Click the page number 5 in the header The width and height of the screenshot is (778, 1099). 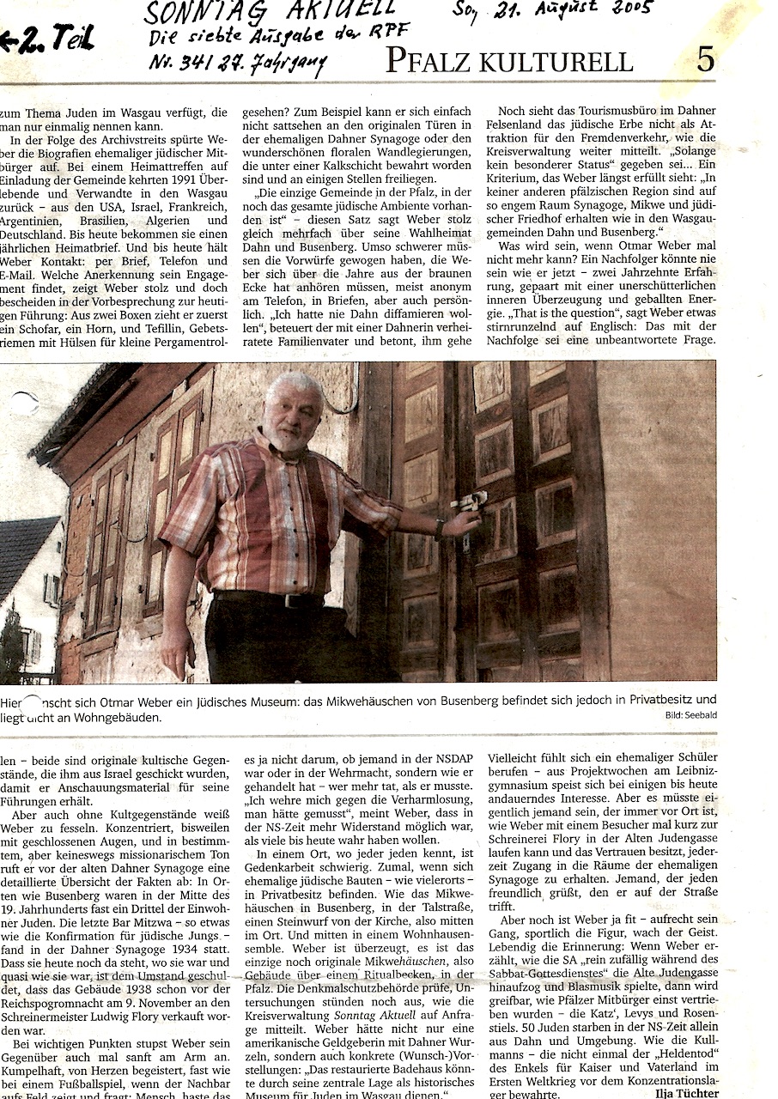point(705,60)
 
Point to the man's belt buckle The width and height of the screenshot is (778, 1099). point(290,601)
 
